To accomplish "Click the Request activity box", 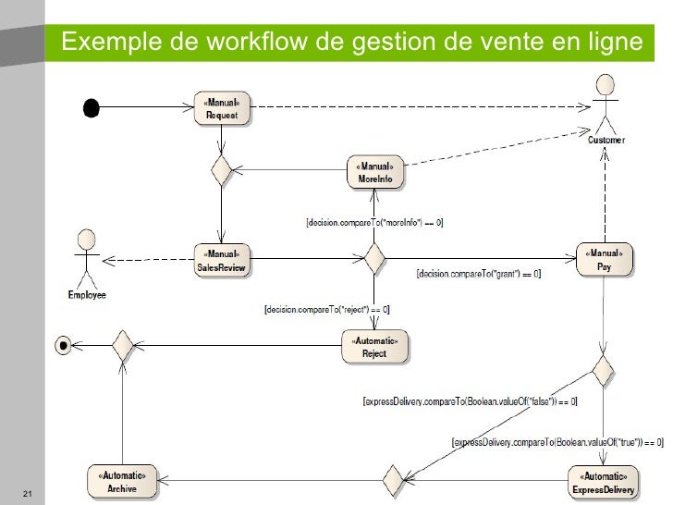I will pyautogui.click(x=222, y=109).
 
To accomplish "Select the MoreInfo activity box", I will pyautogui.click(x=374, y=170).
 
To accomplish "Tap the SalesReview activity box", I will pyautogui.click(x=222, y=260).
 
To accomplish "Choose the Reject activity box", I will pyautogui.click(x=373, y=347).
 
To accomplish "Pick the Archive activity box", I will pyautogui.click(x=122, y=480).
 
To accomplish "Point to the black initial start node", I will pyautogui.click(x=91, y=107).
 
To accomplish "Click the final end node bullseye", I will pyautogui.click(x=64, y=346).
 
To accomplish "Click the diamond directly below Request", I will pyautogui.click(x=221, y=170).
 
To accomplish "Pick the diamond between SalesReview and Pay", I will pyautogui.click(x=374, y=258).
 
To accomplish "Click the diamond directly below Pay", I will pyautogui.click(x=604, y=372).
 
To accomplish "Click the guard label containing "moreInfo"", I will pyautogui.click(x=374, y=222).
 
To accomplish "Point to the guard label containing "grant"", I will pyautogui.click(x=479, y=274).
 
